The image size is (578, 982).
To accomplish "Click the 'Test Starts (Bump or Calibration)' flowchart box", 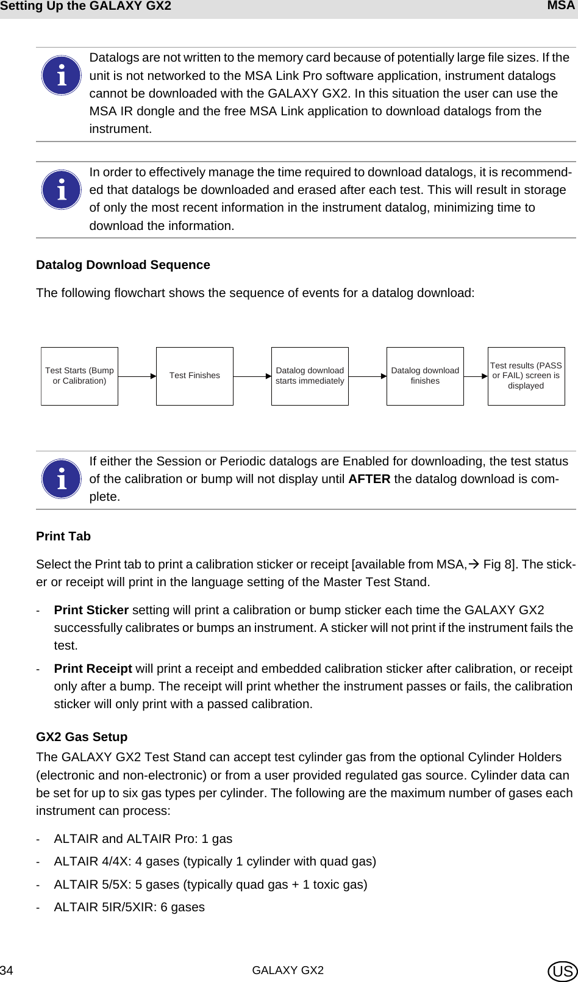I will [x=79, y=376].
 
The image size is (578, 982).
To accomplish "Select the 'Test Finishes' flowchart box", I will [x=194, y=376].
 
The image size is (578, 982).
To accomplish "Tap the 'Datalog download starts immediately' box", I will [x=310, y=376].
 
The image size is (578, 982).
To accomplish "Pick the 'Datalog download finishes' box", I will [x=425, y=376].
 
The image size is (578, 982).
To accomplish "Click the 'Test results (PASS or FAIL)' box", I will [x=526, y=376].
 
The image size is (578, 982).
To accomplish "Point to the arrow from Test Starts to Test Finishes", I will [x=137, y=376].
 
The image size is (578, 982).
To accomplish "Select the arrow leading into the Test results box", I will [x=476, y=376].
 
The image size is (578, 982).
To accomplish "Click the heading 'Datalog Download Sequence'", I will [x=123, y=265].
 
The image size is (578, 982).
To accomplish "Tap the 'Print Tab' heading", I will [x=63, y=536].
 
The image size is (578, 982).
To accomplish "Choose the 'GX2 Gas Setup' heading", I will [x=82, y=737].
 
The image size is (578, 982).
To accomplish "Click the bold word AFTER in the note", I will [x=369, y=479].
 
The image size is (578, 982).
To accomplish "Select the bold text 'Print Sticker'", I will [x=91, y=610].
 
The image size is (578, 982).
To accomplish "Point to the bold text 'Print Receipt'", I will [x=93, y=668].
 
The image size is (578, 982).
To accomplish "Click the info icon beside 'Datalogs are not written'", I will [x=61, y=76].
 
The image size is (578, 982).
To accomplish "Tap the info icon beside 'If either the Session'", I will [x=61, y=479].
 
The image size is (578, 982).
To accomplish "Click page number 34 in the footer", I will [x=7, y=970].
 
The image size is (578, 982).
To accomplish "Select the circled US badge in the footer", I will [x=562, y=971].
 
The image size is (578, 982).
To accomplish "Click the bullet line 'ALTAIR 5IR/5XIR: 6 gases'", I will [x=129, y=907].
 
